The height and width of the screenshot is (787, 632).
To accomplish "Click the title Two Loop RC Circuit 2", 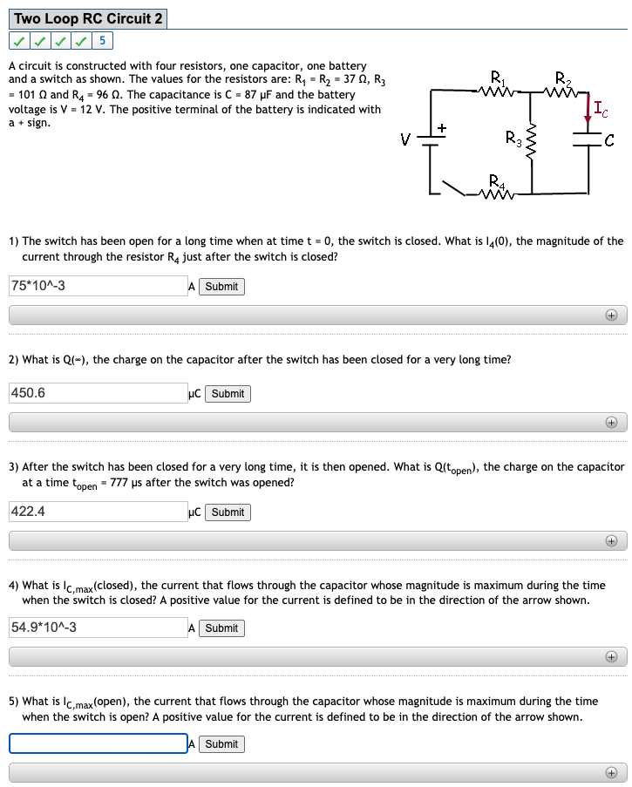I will click(x=88, y=18).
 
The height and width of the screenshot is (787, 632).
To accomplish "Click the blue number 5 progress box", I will click(x=103, y=41).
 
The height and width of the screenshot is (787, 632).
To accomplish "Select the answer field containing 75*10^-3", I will click(x=98, y=286).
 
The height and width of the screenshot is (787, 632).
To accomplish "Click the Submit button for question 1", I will click(x=221, y=287).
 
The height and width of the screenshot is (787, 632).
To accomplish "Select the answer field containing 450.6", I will click(x=98, y=393).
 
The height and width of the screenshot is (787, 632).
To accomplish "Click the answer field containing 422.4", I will click(x=98, y=512).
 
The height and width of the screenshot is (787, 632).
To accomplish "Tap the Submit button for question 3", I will click(x=228, y=512).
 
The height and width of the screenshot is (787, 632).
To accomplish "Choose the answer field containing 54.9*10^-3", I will click(x=98, y=628).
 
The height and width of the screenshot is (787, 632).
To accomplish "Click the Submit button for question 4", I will click(x=221, y=628).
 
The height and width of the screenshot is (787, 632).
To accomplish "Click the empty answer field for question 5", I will click(x=98, y=743).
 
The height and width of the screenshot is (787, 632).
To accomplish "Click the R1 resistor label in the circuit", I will click(x=497, y=75).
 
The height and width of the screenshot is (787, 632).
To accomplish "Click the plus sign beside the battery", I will click(x=442, y=128).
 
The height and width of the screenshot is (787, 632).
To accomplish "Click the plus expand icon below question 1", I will click(x=611, y=316).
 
